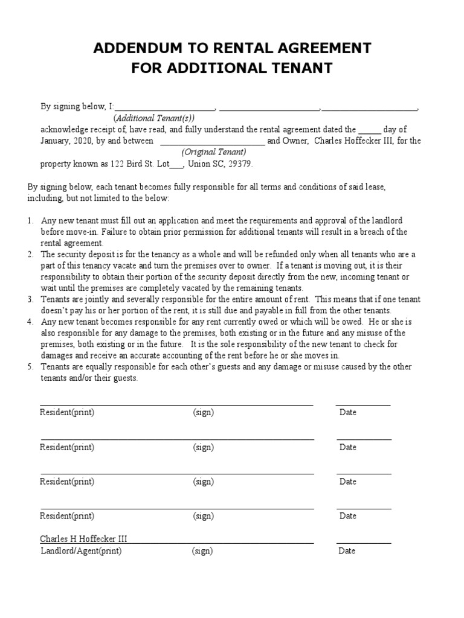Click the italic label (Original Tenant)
212,152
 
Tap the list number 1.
30,221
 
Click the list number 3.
30,299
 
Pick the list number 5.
30,367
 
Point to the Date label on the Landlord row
347,551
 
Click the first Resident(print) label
67,413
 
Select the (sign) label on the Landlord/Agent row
202,551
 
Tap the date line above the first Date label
362,405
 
